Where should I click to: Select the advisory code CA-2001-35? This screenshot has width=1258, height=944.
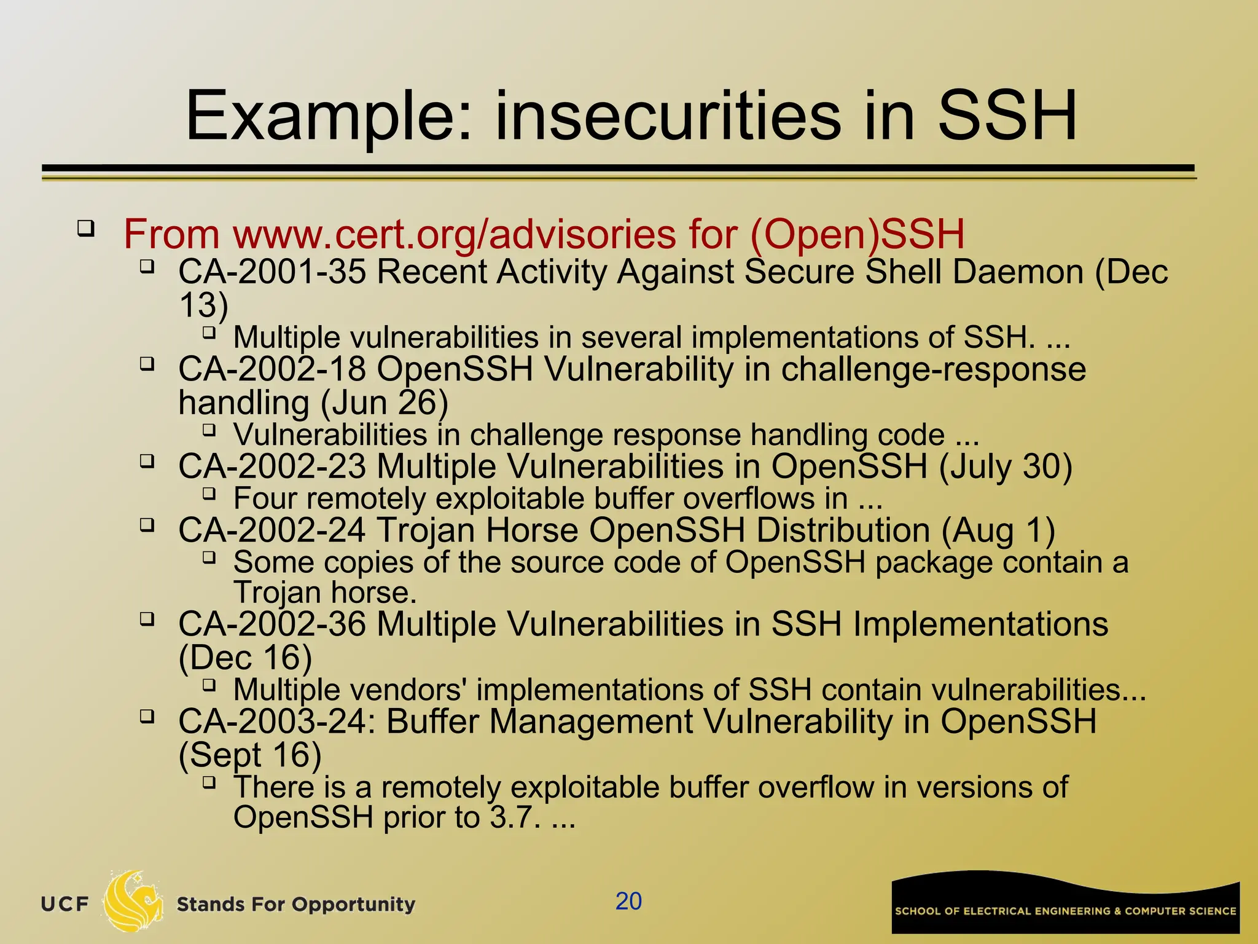[x=272, y=272]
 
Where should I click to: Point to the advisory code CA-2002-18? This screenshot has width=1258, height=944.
[x=272, y=369]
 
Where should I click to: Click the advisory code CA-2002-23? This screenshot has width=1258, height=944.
[x=272, y=466]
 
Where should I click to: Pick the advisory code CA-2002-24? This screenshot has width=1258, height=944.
[x=272, y=530]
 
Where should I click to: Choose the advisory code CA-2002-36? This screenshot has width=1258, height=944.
[x=272, y=624]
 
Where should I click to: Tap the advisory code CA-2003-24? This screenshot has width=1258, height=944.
[x=276, y=722]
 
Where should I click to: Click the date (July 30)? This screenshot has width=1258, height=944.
[x=1006, y=466]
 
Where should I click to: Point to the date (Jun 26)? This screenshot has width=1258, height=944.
[x=385, y=403]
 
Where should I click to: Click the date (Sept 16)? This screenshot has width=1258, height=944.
[x=249, y=755]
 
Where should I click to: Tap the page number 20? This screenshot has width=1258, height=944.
[x=628, y=901]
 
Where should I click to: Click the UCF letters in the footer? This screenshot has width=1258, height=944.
[x=64, y=904]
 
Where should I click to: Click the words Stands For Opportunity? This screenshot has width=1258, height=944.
[x=295, y=904]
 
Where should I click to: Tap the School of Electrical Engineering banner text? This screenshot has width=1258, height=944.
[x=1065, y=911]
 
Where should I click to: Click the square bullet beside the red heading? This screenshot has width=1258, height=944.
[x=86, y=230]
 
